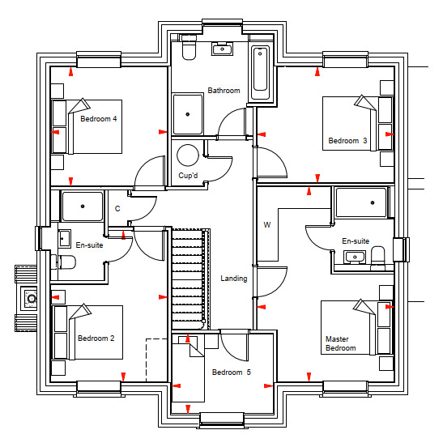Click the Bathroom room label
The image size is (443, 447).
[x=224, y=91]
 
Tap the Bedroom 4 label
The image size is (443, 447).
[x=99, y=118]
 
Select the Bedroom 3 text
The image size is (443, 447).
[x=347, y=141]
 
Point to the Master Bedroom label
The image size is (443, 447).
[x=341, y=343]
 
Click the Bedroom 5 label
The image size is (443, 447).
[x=231, y=372]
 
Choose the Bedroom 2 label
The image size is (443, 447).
[x=96, y=338]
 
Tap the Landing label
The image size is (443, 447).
[x=234, y=279]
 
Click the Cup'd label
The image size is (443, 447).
[x=188, y=176]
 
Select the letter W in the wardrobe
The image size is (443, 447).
[x=266, y=225]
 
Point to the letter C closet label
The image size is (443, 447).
[x=117, y=209]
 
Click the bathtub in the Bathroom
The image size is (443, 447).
[x=260, y=73]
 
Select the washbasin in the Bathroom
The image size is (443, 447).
[x=222, y=49]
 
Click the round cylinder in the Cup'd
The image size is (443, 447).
[x=188, y=155]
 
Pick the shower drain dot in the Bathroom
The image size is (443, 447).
[x=188, y=114]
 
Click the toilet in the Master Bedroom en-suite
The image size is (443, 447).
[x=378, y=258]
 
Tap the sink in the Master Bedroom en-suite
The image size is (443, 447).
[x=355, y=258]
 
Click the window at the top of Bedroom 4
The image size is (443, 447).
[x=99, y=60]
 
